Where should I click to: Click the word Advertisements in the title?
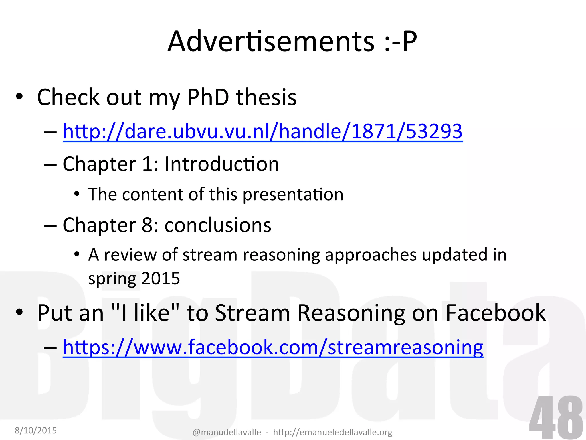pyautogui.click(x=271, y=42)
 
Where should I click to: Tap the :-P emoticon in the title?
pyautogui.click(x=400, y=42)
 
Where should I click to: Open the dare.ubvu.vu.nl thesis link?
pyautogui.click(x=262, y=131)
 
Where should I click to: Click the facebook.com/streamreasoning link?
pyautogui.click(x=273, y=347)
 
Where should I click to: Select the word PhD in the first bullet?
pyautogui.click(x=208, y=97)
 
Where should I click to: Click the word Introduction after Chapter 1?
pyautogui.click(x=221, y=164)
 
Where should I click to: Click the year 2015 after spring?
pyautogui.click(x=161, y=278)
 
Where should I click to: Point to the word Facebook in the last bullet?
pyautogui.click(x=496, y=313)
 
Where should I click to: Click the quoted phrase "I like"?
pyautogui.click(x=145, y=313)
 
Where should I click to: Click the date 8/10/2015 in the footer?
pyautogui.click(x=36, y=430)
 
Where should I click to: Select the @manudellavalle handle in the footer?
pyautogui.click(x=227, y=432)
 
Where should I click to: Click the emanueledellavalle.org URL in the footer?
pyautogui.click(x=332, y=432)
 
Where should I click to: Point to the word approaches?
pyautogui.click(x=371, y=255)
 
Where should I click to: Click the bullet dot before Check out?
pyautogui.click(x=19, y=97)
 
